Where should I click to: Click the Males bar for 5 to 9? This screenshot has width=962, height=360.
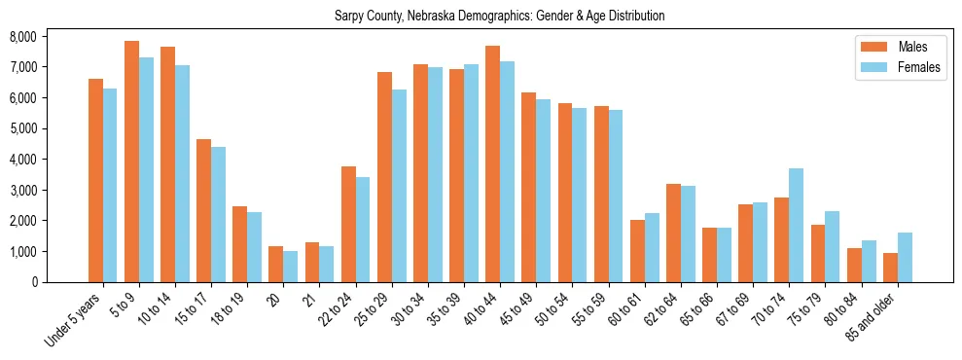131,162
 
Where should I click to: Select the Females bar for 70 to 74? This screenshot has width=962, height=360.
796,225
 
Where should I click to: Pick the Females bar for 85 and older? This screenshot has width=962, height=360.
905,257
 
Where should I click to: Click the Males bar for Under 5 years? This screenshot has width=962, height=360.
95,180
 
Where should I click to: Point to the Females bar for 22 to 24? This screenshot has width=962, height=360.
363,230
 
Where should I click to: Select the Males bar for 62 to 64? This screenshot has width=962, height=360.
673,233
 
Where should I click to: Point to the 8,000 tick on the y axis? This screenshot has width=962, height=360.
50,36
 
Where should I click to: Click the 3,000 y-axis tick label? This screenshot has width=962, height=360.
50,190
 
